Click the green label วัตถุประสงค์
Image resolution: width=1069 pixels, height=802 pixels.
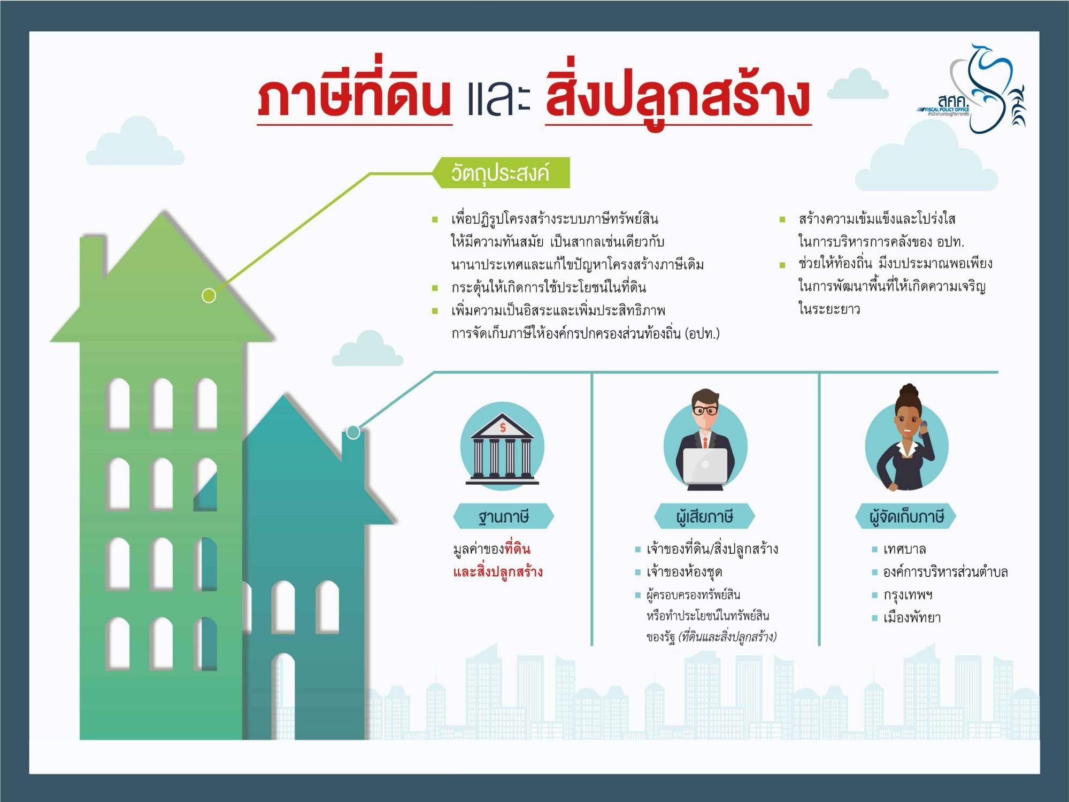point(501,173)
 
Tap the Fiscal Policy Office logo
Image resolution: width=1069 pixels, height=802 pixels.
point(971,88)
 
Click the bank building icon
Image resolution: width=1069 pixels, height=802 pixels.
point(502,447)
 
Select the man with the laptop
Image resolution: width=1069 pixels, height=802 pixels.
point(705,439)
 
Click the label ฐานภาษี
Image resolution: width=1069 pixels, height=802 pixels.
point(503,516)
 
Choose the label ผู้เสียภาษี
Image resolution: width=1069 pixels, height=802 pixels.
point(704,516)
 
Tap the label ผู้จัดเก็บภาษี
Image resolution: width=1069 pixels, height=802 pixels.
point(906,516)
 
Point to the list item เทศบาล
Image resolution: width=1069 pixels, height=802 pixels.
point(904,549)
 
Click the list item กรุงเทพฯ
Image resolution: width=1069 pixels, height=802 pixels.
point(908,594)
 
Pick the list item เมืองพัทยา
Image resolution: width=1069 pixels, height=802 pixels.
point(912,617)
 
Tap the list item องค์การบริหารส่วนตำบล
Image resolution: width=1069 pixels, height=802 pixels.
point(945,572)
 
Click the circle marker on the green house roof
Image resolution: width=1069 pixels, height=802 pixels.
point(209,295)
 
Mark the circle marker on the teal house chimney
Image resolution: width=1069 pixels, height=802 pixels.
point(353,432)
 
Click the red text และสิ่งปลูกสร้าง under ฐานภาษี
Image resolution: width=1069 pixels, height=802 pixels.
point(498,572)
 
